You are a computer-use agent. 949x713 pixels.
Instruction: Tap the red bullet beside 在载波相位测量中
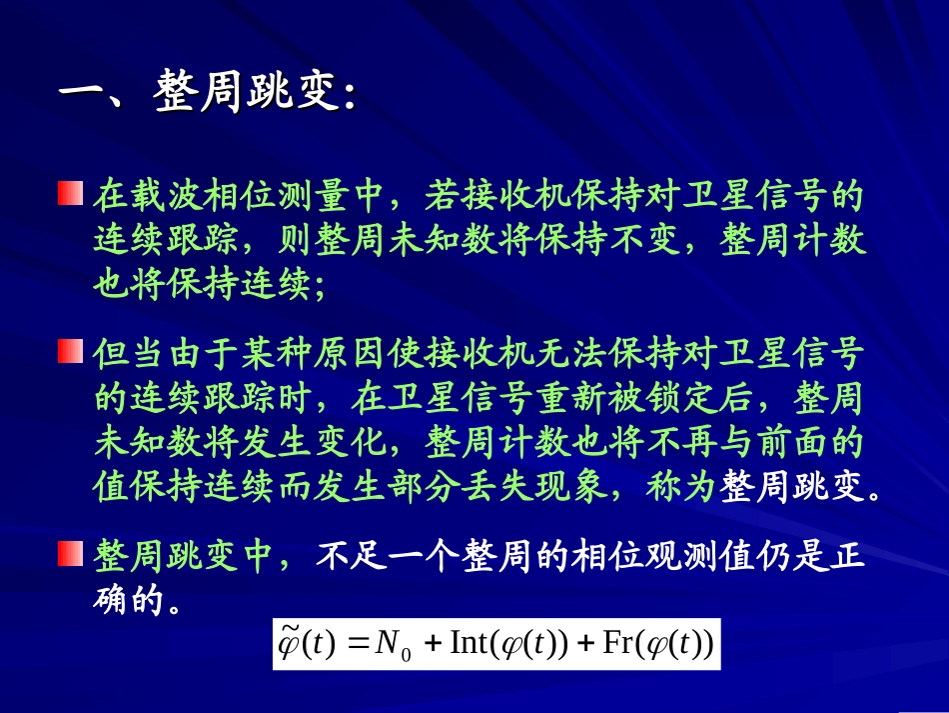(69, 193)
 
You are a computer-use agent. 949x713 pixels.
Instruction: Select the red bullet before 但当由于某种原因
(69, 352)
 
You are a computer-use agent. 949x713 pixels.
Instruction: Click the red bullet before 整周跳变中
(69, 552)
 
